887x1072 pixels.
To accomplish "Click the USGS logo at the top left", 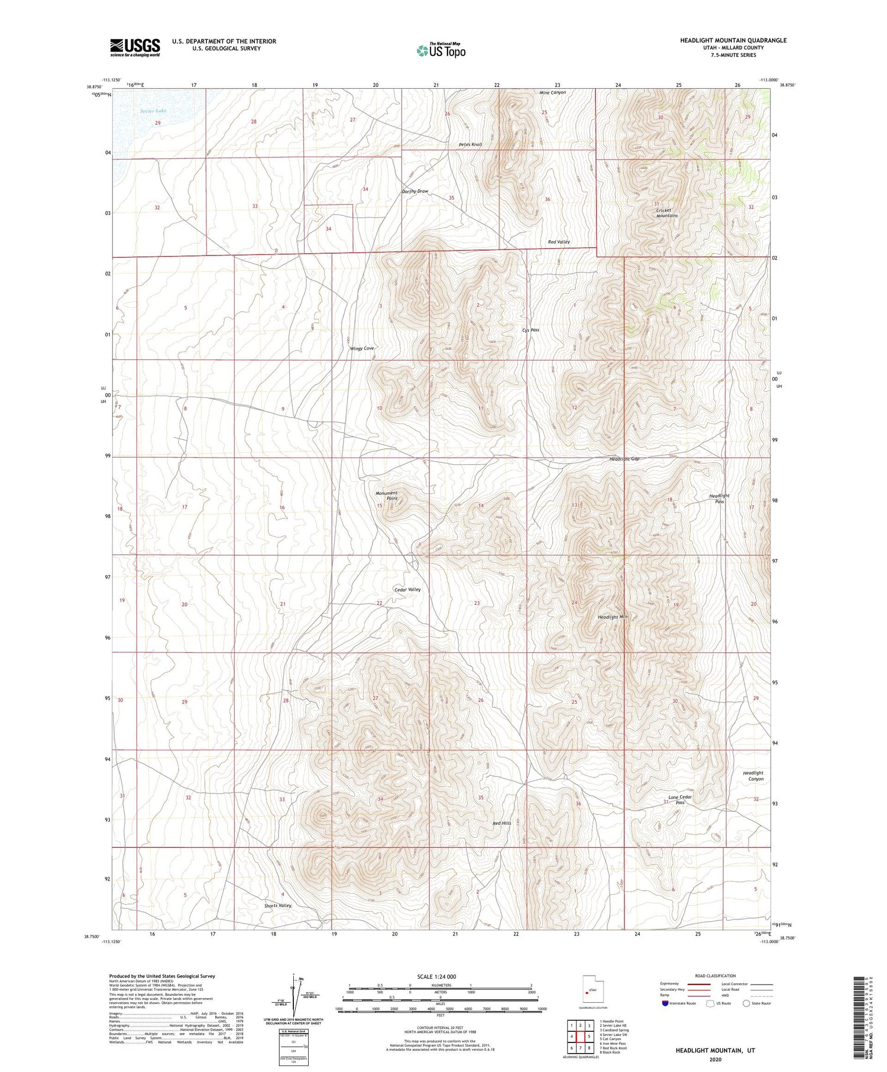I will coord(135,47).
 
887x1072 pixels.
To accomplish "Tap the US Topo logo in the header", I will coord(441,51).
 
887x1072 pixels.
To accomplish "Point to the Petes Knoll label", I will coord(470,144).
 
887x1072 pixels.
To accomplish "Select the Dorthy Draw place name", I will coord(415,192).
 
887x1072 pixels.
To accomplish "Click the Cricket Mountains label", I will coord(666,212).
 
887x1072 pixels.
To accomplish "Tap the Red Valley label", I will coord(558,242).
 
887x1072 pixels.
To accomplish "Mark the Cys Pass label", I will coord(530,330).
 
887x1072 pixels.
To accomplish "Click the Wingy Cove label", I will coord(362,348).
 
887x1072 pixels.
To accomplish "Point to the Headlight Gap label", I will coord(624,459).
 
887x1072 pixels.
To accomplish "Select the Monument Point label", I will coord(387,495).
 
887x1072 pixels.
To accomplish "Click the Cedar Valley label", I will coord(407,590).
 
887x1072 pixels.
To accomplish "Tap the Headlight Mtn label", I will coord(612,617).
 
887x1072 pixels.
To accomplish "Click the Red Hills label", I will coord(501,823).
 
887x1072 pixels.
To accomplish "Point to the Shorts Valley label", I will coord(278,905).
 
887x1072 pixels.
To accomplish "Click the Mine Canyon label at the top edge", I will coord(553,93).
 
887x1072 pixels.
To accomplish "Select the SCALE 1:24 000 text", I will coord(436,976).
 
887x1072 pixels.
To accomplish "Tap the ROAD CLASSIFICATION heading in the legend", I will coord(715,976).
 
